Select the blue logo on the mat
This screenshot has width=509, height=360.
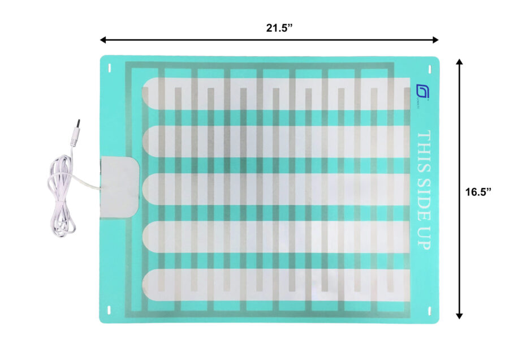(422, 92)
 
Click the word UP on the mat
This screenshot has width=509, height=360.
(424, 237)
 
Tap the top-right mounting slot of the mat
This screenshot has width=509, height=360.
(430, 68)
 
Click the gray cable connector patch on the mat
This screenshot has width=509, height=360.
(120, 186)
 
